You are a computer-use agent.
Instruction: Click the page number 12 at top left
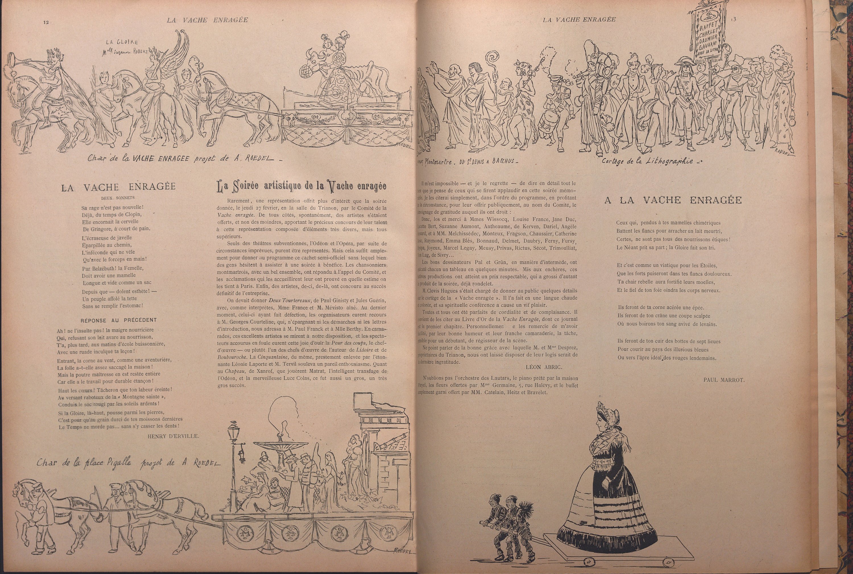(x=46, y=22)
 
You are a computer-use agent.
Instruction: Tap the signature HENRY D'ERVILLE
(x=173, y=436)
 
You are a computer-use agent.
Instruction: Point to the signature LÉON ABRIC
(x=538, y=367)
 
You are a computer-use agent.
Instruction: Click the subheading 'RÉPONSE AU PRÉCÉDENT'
(x=118, y=320)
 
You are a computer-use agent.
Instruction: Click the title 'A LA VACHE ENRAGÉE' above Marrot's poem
(x=673, y=200)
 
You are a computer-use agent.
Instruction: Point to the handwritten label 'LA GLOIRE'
(x=122, y=42)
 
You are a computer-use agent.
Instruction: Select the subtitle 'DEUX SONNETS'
(x=118, y=197)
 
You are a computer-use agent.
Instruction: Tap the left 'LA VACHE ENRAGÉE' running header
(x=207, y=20)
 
